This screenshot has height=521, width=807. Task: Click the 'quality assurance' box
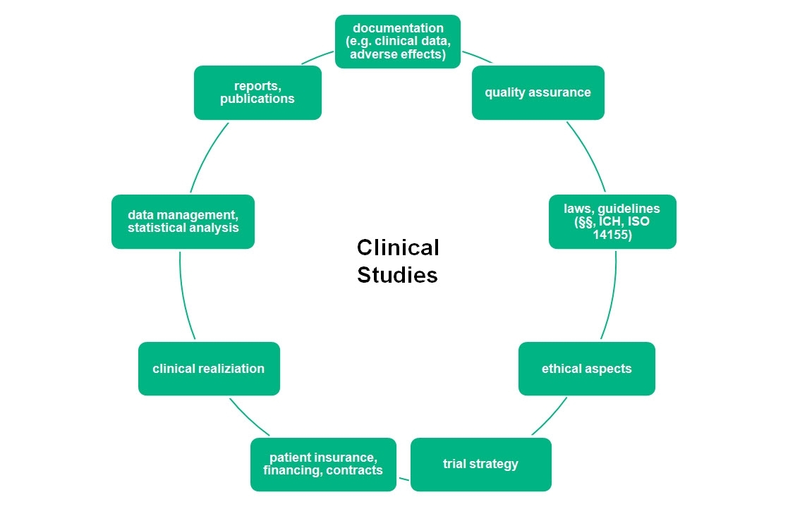pyautogui.click(x=538, y=92)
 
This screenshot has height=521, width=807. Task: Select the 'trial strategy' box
pyautogui.click(x=480, y=464)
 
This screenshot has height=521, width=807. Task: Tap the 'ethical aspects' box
pyautogui.click(x=586, y=369)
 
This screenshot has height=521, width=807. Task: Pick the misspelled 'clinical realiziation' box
pyautogui.click(x=209, y=369)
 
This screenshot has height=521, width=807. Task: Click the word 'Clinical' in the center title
pyautogui.click(x=398, y=247)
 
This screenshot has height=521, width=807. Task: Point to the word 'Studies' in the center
pyautogui.click(x=397, y=275)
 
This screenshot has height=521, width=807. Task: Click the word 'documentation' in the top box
pyautogui.click(x=398, y=28)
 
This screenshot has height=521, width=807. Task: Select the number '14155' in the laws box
pyautogui.click(x=612, y=234)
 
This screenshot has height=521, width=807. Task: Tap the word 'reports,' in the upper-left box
pyautogui.click(x=257, y=86)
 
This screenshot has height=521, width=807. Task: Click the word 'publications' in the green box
pyautogui.click(x=257, y=99)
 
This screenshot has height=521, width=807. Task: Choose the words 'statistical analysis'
pyautogui.click(x=183, y=228)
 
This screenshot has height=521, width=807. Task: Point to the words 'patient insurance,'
pyautogui.click(x=323, y=458)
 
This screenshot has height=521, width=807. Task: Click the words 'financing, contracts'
pyautogui.click(x=323, y=470)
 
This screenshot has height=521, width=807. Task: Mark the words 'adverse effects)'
pyautogui.click(x=398, y=54)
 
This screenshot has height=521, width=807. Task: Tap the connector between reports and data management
pyautogui.click(x=207, y=157)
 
